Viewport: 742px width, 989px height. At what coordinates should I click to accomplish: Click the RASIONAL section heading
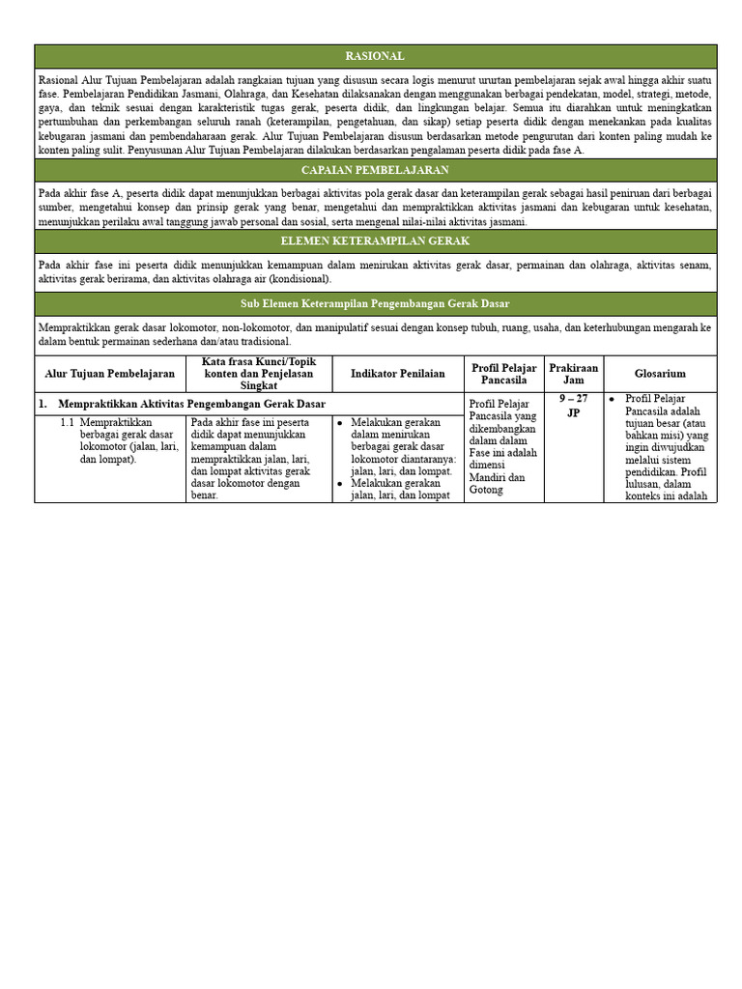(x=376, y=56)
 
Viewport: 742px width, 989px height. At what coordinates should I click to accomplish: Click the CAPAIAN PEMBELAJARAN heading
(x=376, y=170)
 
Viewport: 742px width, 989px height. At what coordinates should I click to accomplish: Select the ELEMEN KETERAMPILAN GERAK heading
(x=376, y=241)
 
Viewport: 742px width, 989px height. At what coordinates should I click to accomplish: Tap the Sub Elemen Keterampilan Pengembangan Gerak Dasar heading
(x=376, y=303)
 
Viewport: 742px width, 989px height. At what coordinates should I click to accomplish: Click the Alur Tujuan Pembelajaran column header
(x=110, y=374)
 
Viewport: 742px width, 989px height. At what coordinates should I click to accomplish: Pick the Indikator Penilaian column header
(x=398, y=374)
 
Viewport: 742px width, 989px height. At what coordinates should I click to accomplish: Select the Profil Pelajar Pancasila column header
(x=503, y=374)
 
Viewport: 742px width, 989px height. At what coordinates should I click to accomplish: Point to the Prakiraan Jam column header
(x=573, y=374)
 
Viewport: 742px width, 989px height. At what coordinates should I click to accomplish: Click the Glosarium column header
(x=660, y=374)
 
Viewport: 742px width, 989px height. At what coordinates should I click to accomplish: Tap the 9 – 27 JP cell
(x=573, y=405)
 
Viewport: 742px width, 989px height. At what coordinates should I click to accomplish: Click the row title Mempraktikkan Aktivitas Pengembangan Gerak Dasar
(x=191, y=403)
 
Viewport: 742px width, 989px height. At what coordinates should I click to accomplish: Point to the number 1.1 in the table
(x=68, y=422)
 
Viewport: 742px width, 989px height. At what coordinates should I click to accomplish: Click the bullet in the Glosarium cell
(x=612, y=398)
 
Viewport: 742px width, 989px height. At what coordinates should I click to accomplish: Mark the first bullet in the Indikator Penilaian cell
(x=341, y=422)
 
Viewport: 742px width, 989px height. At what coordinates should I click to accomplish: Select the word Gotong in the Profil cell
(x=486, y=490)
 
